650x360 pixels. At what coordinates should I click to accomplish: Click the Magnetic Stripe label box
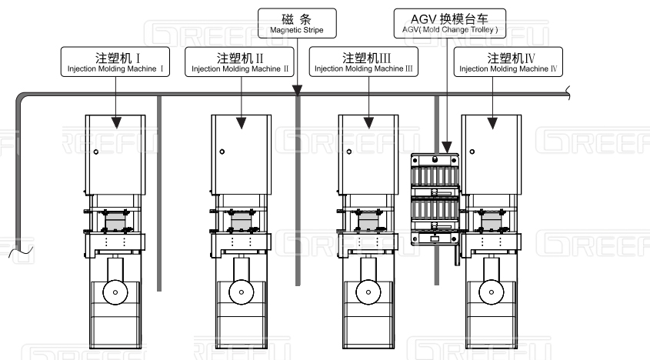coord(297,23)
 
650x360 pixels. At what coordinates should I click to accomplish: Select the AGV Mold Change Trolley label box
coord(451,23)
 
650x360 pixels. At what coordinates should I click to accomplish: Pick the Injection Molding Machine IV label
coord(508,62)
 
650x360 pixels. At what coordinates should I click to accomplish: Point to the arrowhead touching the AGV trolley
coord(446,146)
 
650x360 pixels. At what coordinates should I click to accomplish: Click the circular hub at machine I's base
coord(115,292)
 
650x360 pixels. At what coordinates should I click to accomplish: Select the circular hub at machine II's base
coord(241,292)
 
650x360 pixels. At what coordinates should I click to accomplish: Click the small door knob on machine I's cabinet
coord(95,152)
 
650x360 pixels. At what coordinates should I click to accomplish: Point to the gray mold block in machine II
coord(242,223)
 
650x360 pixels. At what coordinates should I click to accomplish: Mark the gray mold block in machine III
coord(368,223)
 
